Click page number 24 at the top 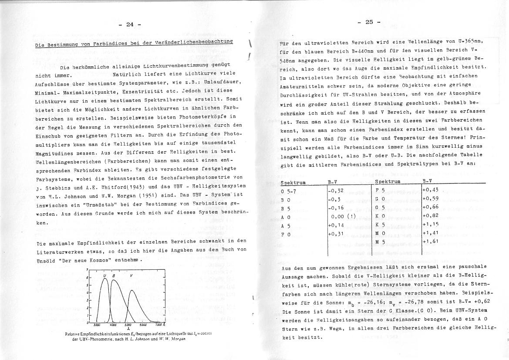click(x=129, y=24)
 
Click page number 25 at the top click(x=369, y=22)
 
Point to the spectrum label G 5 click(x=380, y=207)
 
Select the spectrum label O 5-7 click(x=289, y=190)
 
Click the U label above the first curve click(x=105, y=276)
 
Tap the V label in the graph click(x=131, y=276)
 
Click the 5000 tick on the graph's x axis click(x=128, y=325)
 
